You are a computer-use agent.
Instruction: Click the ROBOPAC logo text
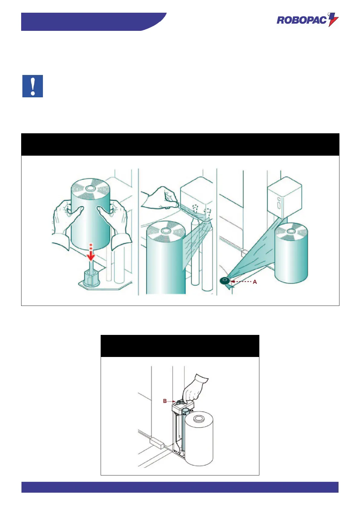[x=301, y=20]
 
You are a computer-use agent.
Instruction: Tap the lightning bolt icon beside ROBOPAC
[x=333, y=20]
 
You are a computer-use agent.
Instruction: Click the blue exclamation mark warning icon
[x=33, y=86]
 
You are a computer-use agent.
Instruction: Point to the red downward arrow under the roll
[x=91, y=252]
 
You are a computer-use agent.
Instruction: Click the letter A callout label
[x=255, y=282]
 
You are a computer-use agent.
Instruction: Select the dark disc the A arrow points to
[x=225, y=280]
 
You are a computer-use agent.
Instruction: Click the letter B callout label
[x=165, y=401]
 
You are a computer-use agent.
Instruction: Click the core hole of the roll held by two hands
[x=90, y=188]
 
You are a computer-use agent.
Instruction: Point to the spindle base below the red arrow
[x=90, y=277]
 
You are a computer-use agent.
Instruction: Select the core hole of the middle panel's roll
[x=166, y=231]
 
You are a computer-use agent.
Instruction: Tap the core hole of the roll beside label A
[x=290, y=231]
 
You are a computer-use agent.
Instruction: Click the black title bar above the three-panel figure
[x=180, y=144]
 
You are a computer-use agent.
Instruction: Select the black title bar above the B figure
[x=180, y=346]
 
